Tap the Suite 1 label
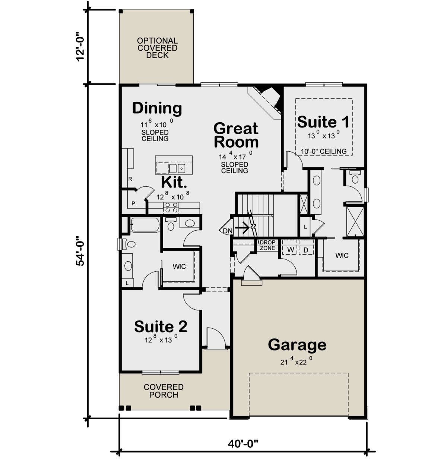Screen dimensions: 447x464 coord(323,122)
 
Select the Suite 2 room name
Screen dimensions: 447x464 coord(161,326)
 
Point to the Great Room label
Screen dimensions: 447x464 coord(236,135)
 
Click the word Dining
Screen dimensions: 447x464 coord(157,108)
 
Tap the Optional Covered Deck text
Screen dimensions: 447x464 coord(157,48)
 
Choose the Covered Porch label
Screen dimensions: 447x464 coord(164,391)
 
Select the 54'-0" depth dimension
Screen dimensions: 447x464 coord(80,251)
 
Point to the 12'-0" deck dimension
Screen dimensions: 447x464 coord(80,47)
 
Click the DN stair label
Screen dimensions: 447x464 coord(228,231)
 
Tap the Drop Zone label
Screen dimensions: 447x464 coord(267,245)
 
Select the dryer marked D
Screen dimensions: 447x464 coord(306,250)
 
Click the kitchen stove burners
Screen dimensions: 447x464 coord(171,208)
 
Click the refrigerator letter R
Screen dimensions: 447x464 coord(130,179)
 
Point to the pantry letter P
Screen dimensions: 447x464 coord(133,203)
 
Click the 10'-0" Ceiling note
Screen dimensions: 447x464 coord(324,151)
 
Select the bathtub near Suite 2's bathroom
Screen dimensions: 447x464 coord(145,225)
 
